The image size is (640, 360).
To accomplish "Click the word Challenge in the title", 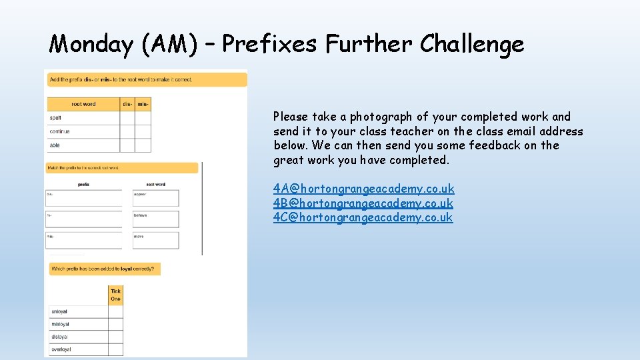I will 472,45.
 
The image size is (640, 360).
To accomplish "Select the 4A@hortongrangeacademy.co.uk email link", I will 363,189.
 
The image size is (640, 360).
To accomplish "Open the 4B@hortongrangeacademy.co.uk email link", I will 363,203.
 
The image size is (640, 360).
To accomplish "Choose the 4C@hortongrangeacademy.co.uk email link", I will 363,217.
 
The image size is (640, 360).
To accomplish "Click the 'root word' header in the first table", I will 83,104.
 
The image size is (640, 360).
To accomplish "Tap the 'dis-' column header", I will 127,104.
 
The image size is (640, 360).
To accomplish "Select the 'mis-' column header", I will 143,104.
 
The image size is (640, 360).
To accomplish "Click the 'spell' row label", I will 56,118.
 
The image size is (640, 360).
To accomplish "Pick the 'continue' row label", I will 59,131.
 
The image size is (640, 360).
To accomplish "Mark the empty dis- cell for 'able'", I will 127,145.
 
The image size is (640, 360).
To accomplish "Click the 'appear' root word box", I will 156,198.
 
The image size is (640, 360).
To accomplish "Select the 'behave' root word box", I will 156,219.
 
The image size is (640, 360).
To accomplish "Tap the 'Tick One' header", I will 116,295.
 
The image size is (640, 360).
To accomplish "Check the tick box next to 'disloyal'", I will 116,337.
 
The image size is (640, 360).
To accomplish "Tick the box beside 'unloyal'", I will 116,311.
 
